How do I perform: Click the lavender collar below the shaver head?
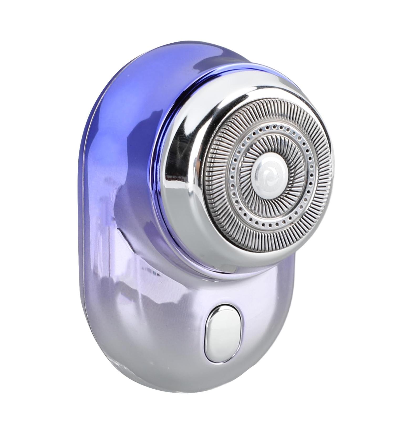coord(205,262)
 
